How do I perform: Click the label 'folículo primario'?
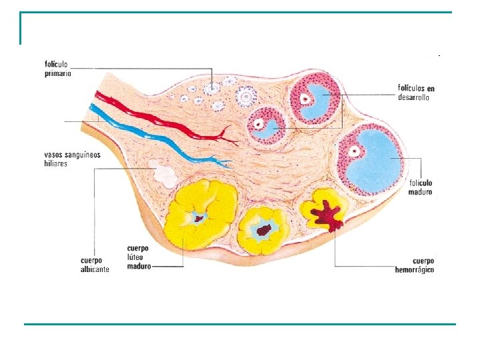(58, 69)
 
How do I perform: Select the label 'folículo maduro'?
(421, 187)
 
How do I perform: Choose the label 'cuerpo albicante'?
(95, 265)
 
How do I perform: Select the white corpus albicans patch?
(162, 173)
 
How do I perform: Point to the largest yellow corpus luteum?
(200, 213)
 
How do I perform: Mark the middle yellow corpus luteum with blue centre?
(263, 230)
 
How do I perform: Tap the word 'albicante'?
(95, 269)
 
